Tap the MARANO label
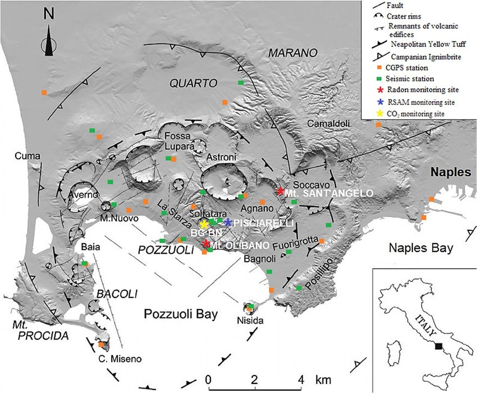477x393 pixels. [292, 52]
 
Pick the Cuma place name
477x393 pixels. [25, 156]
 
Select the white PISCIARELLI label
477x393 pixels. [260, 223]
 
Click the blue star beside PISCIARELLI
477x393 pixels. [228, 222]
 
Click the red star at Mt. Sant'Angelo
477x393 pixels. [280, 191]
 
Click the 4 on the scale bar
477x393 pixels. [304, 377]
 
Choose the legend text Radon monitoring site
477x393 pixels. [420, 89]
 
